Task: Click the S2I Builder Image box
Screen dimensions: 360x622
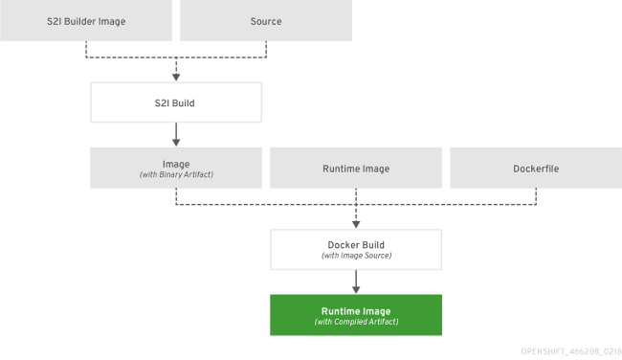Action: pyautogui.click(x=86, y=21)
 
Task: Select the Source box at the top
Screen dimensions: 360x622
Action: pyautogui.click(x=266, y=21)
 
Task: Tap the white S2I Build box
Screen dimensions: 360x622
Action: pyautogui.click(x=176, y=101)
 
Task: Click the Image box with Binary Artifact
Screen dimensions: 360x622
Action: pyautogui.click(x=176, y=168)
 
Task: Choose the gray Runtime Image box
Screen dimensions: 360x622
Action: pyautogui.click(x=356, y=168)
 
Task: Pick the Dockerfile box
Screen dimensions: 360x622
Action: pyautogui.click(x=536, y=168)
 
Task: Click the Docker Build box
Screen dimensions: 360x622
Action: pyautogui.click(x=356, y=249)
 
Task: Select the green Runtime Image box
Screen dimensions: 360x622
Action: pyautogui.click(x=356, y=315)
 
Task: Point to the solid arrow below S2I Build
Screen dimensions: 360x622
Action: pyautogui.click(x=176, y=133)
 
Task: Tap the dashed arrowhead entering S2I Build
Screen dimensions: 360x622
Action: pyautogui.click(x=176, y=76)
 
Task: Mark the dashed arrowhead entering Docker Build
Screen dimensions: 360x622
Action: pyautogui.click(x=356, y=223)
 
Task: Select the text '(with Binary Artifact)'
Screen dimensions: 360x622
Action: pyautogui.click(x=176, y=174)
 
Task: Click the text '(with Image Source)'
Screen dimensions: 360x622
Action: pyautogui.click(x=356, y=256)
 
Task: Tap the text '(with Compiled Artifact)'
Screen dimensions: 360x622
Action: pyautogui.click(x=356, y=322)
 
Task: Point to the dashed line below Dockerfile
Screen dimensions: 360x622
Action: pyautogui.click(x=536, y=196)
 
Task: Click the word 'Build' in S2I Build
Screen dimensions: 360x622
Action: pyautogui.click(x=186, y=101)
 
